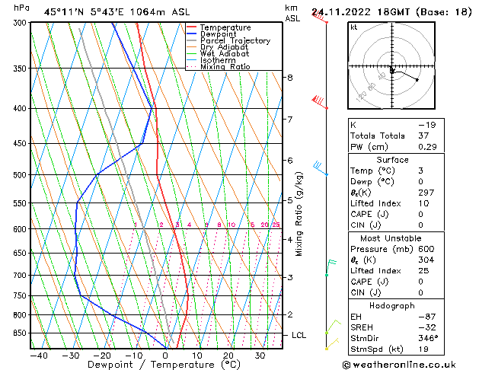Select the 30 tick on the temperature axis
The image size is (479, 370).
click(260, 356)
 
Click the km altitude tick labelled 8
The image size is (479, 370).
click(289, 78)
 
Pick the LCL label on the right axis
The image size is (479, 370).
click(300, 335)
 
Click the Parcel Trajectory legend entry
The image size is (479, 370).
click(235, 41)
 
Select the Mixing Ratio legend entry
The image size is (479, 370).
click(225, 67)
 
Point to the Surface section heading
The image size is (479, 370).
click(393, 160)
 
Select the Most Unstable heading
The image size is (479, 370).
click(393, 238)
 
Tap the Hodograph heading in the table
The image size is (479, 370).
click(393, 305)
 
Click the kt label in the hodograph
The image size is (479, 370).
click(353, 27)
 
